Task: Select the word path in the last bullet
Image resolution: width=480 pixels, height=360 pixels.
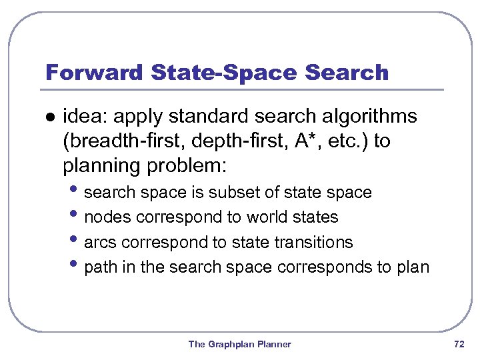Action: [100, 267]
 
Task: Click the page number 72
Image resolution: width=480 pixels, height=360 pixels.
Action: [459, 344]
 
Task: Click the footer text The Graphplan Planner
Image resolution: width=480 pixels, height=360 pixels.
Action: [239, 344]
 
